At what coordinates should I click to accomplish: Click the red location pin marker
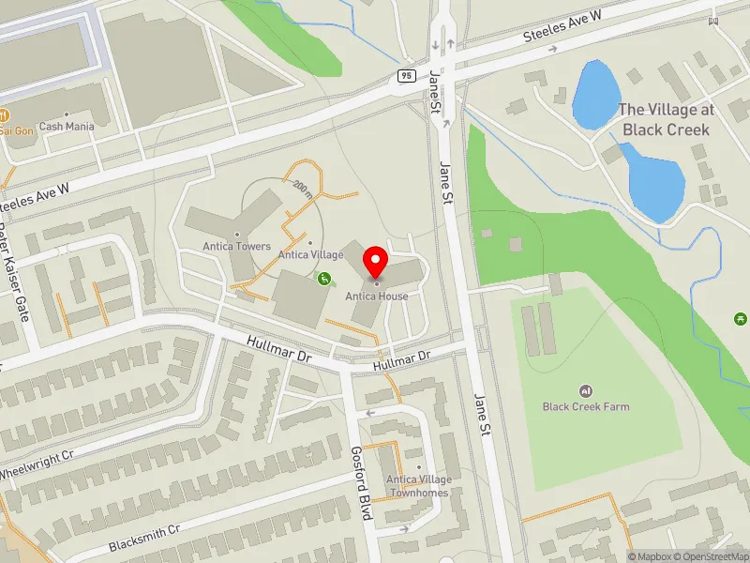(x=377, y=262)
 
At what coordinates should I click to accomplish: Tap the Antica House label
(x=377, y=297)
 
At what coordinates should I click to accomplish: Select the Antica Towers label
(x=236, y=247)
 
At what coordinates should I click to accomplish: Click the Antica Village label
(x=310, y=254)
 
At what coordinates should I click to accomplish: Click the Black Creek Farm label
(x=586, y=406)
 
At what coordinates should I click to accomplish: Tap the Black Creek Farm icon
(x=586, y=390)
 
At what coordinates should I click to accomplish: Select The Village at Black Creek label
(x=666, y=119)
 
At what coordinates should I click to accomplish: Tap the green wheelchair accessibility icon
(x=325, y=278)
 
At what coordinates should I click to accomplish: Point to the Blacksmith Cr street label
(x=143, y=538)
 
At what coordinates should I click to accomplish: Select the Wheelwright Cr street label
(x=37, y=460)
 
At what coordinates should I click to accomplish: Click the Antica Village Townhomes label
(x=421, y=485)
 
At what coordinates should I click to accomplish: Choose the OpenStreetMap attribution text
(x=715, y=556)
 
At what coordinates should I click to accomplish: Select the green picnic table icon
(x=742, y=320)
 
